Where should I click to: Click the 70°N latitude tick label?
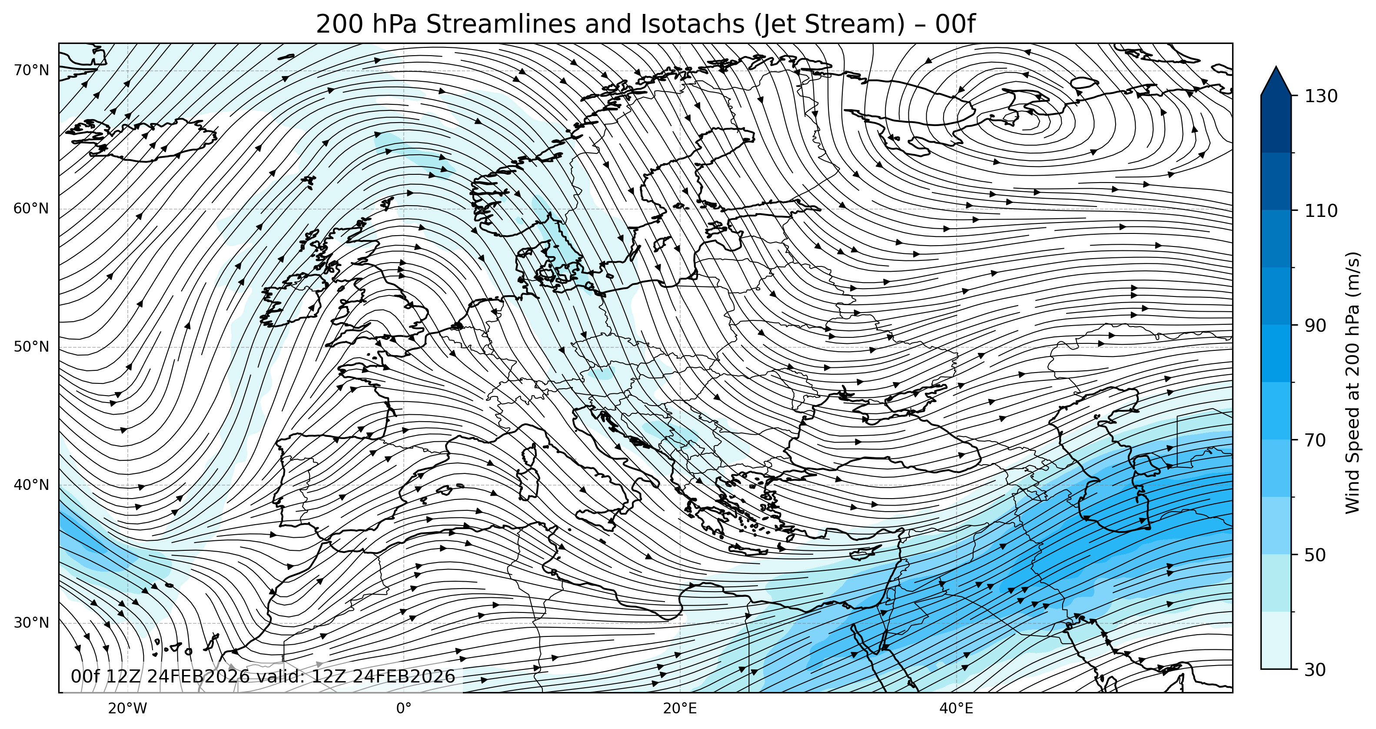[x=31, y=70]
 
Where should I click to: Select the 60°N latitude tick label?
[x=31, y=208]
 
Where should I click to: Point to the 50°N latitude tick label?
[x=31, y=347]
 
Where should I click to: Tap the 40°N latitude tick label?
[x=31, y=485]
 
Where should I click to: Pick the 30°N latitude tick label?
[x=31, y=622]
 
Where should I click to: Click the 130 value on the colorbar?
[x=1320, y=96]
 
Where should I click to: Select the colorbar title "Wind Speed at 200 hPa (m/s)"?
[x=1353, y=383]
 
